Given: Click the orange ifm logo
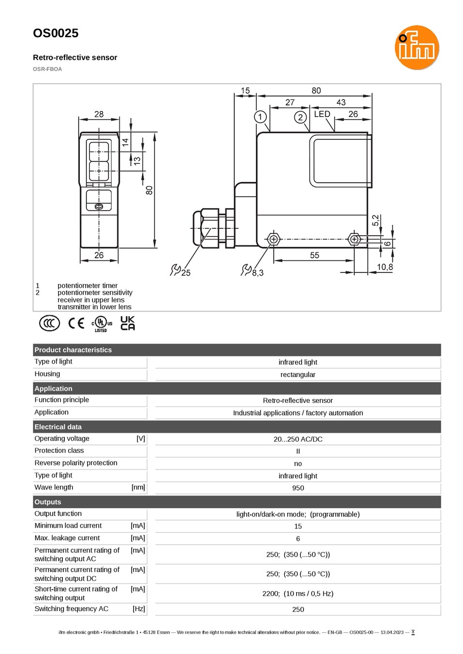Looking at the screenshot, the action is tap(417, 47).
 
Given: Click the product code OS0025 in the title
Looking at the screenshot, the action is tap(56, 33).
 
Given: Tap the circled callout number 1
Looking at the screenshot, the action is tap(260, 117).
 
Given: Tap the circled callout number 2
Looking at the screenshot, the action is tap(300, 118).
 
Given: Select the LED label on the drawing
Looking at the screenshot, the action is tap(322, 114).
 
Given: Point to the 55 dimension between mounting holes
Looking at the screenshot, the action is tap(314, 255).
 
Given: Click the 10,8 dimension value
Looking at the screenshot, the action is tap(385, 267).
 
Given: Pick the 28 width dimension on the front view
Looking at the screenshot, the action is tap(99, 114).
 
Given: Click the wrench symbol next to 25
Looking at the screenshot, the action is tap(175, 269).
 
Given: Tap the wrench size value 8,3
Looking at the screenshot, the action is tap(257, 273).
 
